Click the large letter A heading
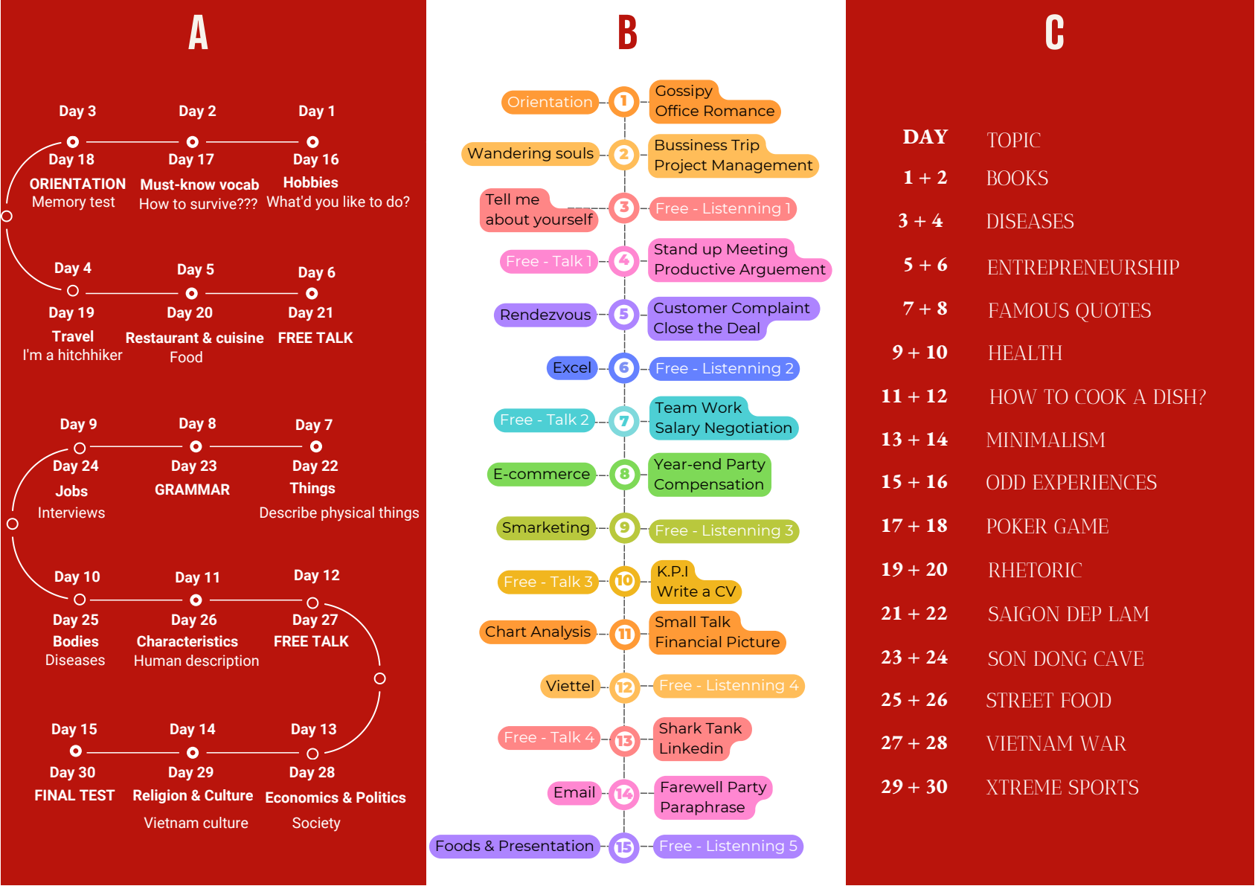click(x=199, y=33)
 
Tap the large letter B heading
click(x=628, y=33)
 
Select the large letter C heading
click(x=1054, y=33)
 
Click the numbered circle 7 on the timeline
click(x=624, y=421)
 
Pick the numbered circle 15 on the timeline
click(x=624, y=847)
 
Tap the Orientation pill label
click(x=550, y=102)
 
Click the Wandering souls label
click(x=530, y=153)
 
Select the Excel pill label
click(x=572, y=367)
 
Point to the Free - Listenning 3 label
click(x=724, y=530)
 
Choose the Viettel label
click(x=570, y=686)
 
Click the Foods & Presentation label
click(x=514, y=846)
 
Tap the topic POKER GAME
click(x=1047, y=526)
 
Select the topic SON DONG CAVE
click(x=1065, y=658)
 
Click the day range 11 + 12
click(x=914, y=397)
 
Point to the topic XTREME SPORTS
click(x=1062, y=787)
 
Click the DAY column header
click(x=925, y=137)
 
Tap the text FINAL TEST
click(x=74, y=795)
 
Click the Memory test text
click(x=74, y=202)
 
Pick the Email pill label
click(x=574, y=792)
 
